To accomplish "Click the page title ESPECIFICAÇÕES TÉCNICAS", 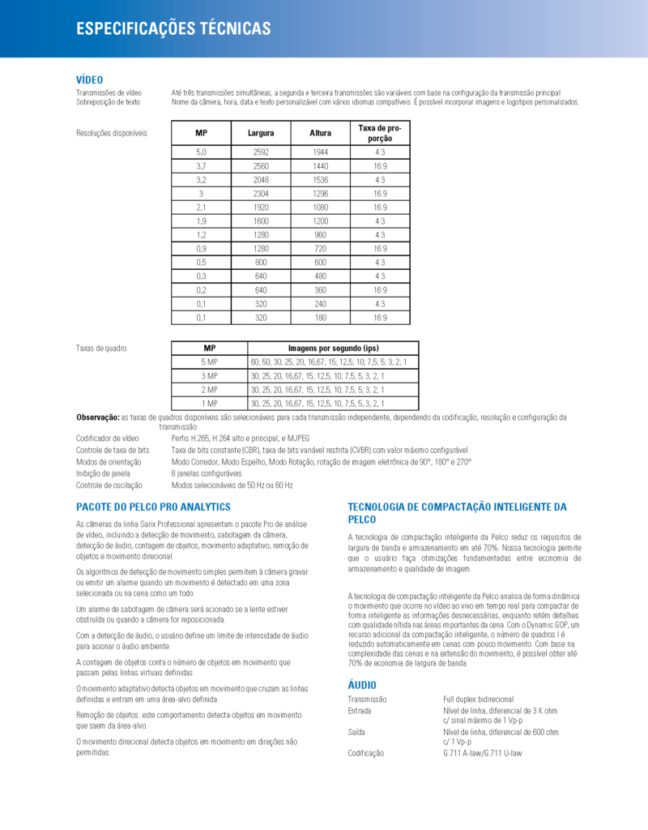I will pyautogui.click(x=173, y=29).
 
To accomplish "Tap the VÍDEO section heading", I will pyautogui.click(x=89, y=79).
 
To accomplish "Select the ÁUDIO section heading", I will pyautogui.click(x=362, y=685).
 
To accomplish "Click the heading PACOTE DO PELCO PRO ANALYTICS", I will pyautogui.click(x=153, y=507).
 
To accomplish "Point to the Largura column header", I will pyautogui.click(x=261, y=133).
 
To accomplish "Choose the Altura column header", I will pyautogui.click(x=321, y=133).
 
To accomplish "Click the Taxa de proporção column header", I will pyautogui.click(x=380, y=133).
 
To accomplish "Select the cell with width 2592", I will pyautogui.click(x=261, y=152).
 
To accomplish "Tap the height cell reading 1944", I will pyautogui.click(x=321, y=152).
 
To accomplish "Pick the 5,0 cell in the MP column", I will pyautogui.click(x=202, y=152).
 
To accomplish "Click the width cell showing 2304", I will pyautogui.click(x=261, y=194).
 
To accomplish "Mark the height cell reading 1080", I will pyautogui.click(x=321, y=207).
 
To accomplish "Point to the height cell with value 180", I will pyautogui.click(x=321, y=318).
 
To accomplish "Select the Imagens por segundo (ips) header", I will pyautogui.click(x=334, y=348).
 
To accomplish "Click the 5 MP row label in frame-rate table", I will pyautogui.click(x=210, y=362).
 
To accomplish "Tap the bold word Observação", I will pyautogui.click(x=97, y=417).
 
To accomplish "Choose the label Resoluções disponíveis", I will pyautogui.click(x=112, y=133).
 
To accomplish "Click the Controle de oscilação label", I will pyautogui.click(x=109, y=485).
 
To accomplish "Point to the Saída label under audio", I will pyautogui.click(x=356, y=731).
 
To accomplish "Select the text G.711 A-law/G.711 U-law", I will pyautogui.click(x=482, y=753).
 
